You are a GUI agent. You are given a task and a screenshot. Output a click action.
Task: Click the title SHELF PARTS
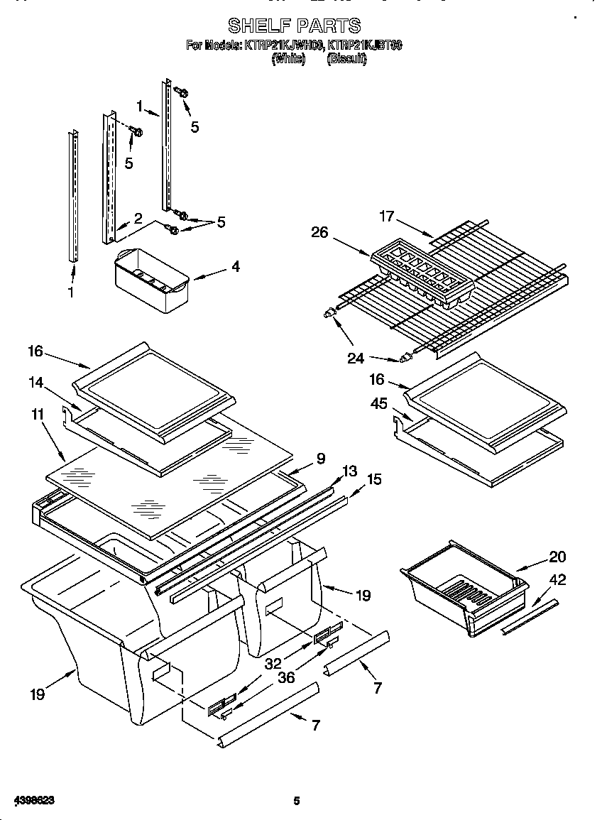click(x=294, y=26)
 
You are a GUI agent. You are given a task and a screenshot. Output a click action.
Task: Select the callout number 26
click(x=319, y=232)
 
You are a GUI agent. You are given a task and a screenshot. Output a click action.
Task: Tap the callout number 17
click(x=386, y=216)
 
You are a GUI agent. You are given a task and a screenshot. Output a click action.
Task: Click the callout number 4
click(x=235, y=267)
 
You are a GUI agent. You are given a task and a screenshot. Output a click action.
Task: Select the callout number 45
click(x=379, y=403)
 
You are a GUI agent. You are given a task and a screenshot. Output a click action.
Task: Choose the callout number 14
click(x=35, y=382)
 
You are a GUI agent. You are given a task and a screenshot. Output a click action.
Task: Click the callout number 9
click(x=321, y=459)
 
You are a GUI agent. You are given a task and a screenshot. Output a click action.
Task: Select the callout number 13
click(x=349, y=471)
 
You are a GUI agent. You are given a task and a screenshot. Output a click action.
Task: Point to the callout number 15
click(x=373, y=479)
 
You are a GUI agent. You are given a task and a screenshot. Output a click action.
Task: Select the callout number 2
click(x=138, y=219)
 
